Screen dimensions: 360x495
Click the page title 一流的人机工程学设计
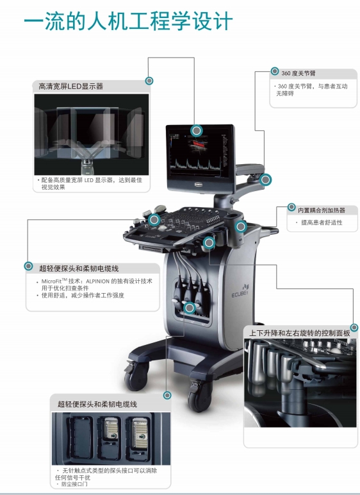click(128, 21)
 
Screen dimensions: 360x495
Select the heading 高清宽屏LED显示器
click(70, 87)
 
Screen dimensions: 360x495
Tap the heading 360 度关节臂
click(298, 73)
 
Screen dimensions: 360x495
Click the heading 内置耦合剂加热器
click(322, 210)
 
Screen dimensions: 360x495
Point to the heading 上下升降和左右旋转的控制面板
click(300, 333)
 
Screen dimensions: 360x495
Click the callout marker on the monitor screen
click(197, 130)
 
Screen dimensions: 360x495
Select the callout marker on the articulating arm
click(266, 180)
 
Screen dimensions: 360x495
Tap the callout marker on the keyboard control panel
click(154, 220)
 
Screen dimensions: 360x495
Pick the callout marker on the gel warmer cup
click(241, 226)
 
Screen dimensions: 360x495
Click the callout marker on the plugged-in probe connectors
click(190, 308)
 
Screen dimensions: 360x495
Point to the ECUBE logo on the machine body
click(240, 292)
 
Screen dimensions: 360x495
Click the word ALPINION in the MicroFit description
click(97, 281)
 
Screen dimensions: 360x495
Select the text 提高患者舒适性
click(322, 222)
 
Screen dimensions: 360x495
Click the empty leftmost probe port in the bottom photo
click(81, 437)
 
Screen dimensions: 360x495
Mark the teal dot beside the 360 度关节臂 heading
click(275, 71)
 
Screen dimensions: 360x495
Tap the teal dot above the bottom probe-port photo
click(167, 395)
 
